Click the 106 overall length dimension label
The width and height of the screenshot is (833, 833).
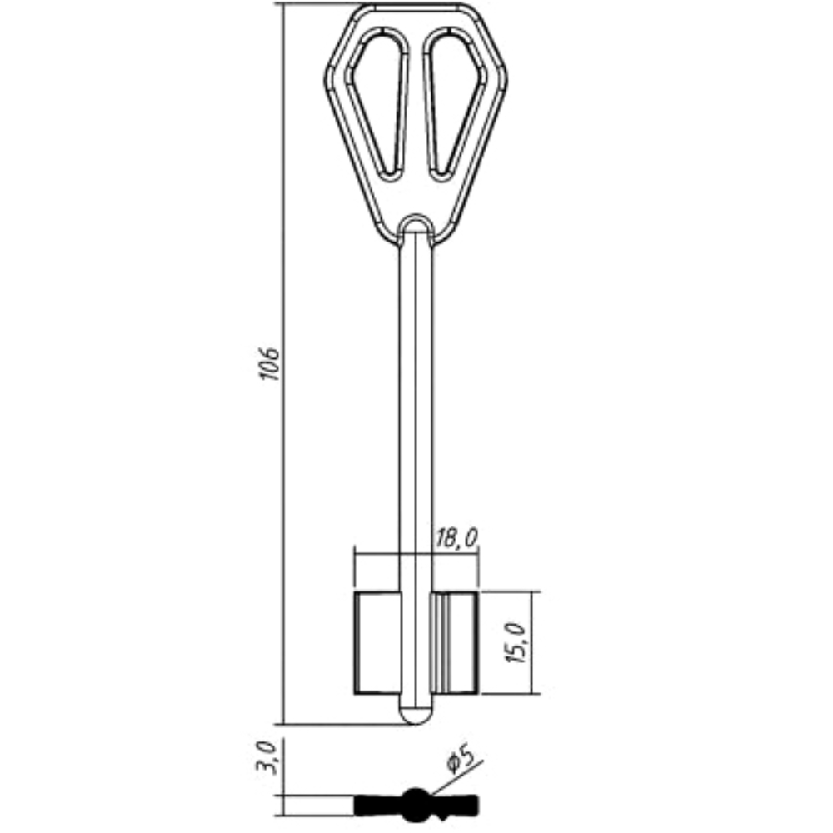pyautogui.click(x=271, y=364)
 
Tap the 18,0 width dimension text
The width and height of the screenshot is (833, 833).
pyautogui.click(x=456, y=538)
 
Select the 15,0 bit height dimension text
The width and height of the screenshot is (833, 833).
pyautogui.click(x=516, y=642)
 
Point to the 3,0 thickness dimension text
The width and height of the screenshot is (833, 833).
pyautogui.click(x=267, y=757)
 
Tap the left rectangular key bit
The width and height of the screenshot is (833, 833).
pyautogui.click(x=377, y=642)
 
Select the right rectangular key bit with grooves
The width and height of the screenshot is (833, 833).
pyautogui.click(x=456, y=642)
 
